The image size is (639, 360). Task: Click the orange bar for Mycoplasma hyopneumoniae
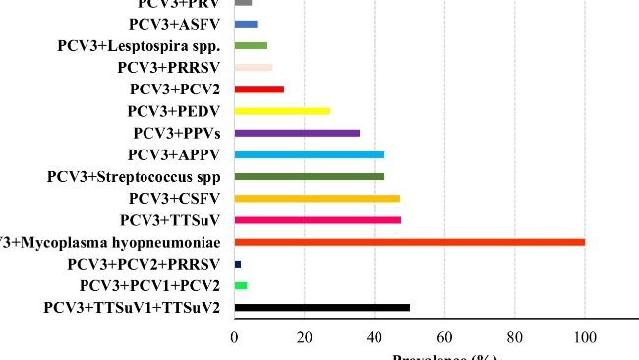click(x=409, y=242)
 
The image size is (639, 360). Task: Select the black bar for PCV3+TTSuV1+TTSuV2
click(x=321, y=308)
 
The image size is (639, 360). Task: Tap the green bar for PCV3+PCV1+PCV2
click(x=241, y=285)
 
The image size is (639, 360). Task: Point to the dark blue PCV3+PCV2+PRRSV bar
click(x=238, y=264)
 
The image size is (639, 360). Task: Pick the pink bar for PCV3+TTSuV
click(x=318, y=220)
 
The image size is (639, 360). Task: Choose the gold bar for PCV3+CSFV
click(x=317, y=198)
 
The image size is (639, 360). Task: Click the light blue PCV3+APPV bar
click(x=309, y=154)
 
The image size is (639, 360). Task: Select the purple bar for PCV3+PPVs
click(x=297, y=133)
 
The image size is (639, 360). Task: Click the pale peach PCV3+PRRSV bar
click(x=254, y=68)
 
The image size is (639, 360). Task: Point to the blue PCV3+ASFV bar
click(x=246, y=24)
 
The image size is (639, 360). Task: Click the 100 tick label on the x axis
click(x=585, y=337)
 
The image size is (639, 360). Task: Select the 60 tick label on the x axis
click(x=444, y=337)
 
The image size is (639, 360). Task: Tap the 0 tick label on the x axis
click(x=235, y=337)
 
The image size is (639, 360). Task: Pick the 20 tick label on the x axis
click(x=304, y=337)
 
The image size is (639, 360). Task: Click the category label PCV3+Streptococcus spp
click(x=133, y=177)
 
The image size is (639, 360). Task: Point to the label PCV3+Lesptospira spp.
click(x=139, y=46)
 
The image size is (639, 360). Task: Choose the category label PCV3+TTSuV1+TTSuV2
click(x=131, y=309)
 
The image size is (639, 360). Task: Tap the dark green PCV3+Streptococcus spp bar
click(x=309, y=176)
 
